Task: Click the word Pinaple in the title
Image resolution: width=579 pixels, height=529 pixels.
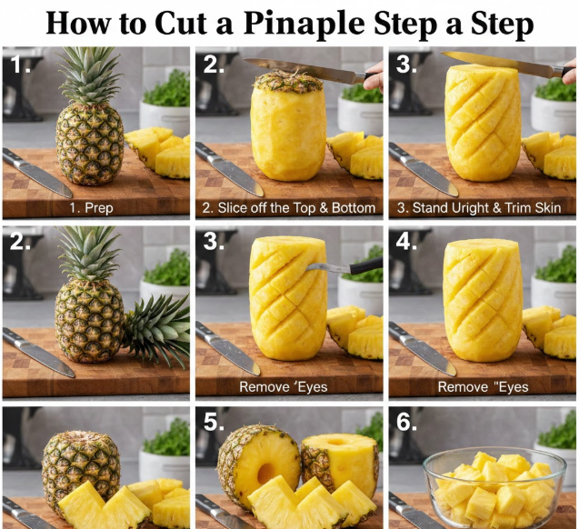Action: pos(304,24)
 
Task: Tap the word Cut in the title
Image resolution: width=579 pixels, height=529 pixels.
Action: pos(181,23)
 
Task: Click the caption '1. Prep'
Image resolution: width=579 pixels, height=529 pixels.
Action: pos(91,208)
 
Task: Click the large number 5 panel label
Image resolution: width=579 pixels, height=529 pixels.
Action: pos(214,422)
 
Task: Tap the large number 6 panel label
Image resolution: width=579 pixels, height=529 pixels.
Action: pos(406,422)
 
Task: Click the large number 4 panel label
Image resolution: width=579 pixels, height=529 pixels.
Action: pos(406,242)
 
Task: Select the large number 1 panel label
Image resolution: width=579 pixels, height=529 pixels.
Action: pos(20,65)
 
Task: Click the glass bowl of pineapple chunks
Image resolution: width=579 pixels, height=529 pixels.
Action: pos(494,487)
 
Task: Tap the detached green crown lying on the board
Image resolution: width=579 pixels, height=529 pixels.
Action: pos(158,328)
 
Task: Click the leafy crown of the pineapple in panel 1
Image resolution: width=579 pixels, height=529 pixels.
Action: pos(89,75)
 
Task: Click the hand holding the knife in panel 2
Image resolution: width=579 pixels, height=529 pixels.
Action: pos(373,76)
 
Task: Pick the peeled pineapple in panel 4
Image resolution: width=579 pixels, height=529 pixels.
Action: pos(483,300)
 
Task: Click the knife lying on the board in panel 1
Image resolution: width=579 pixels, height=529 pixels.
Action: pos(37,173)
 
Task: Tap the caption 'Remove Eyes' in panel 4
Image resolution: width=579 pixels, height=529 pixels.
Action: pos(483,387)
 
